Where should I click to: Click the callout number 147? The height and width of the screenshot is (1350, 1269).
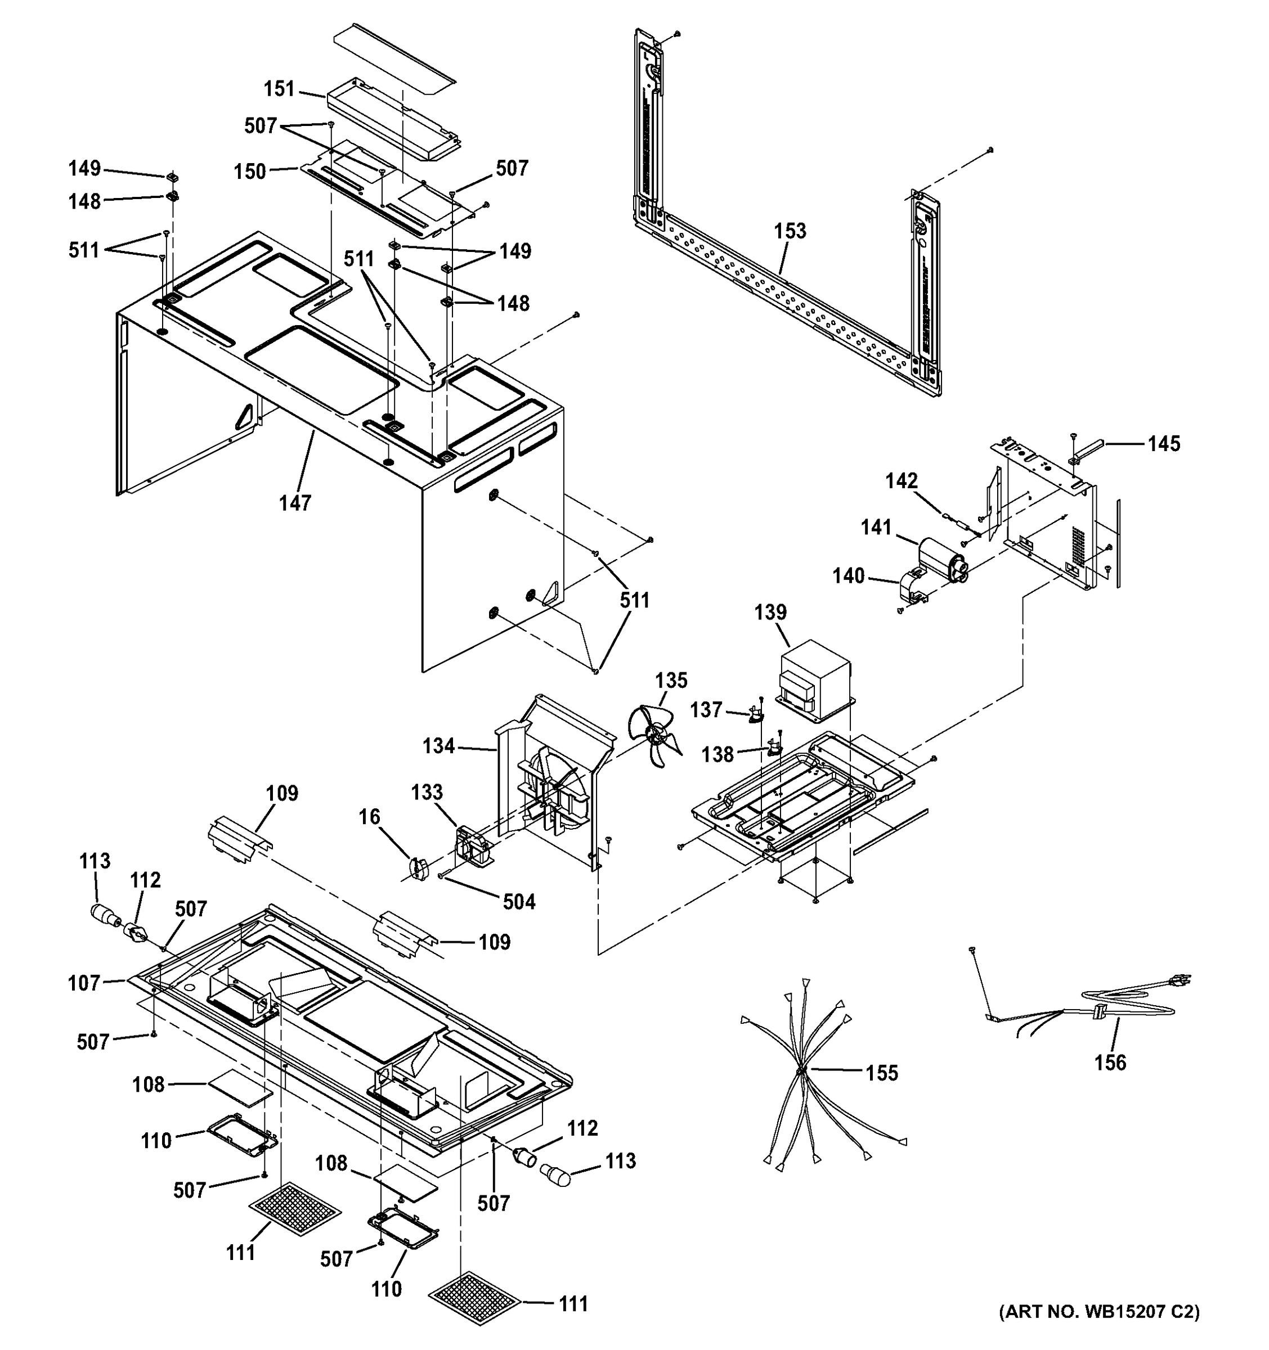pos(295,503)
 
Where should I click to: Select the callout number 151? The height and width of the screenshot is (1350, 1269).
pos(279,89)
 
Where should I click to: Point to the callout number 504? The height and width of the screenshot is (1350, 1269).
pos(519,902)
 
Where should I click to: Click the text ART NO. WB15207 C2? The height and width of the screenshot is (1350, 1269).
pos(1098,1330)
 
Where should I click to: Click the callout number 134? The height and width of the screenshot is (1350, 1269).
pos(438,746)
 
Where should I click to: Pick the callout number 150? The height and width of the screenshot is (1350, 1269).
pos(250,171)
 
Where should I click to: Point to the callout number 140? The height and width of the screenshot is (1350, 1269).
pos(849,576)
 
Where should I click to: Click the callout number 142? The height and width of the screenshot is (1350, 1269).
pos(901,481)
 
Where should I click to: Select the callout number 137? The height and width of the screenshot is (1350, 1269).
pos(706,710)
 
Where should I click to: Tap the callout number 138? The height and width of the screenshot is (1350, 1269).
pos(718,754)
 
